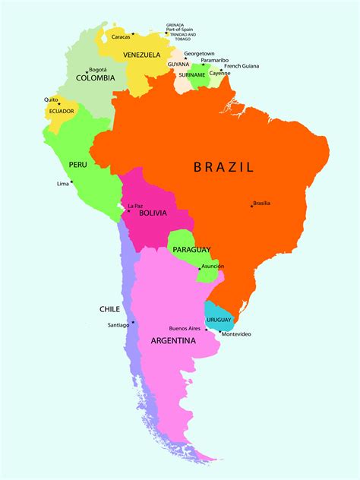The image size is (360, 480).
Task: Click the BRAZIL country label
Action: pyautogui.click(x=223, y=166)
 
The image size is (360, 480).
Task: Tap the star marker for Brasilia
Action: pyautogui.click(x=252, y=204)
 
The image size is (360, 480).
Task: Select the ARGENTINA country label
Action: pyautogui.click(x=173, y=341)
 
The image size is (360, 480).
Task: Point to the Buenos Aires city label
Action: pyautogui.click(x=185, y=328)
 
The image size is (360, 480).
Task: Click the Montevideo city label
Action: pyautogui.click(x=235, y=335)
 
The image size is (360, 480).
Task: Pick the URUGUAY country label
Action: pyautogui.click(x=218, y=320)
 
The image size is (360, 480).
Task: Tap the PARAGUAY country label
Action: pyautogui.click(x=191, y=250)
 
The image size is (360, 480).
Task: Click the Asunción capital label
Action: pyautogui.click(x=213, y=267)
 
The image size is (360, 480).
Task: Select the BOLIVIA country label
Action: pyautogui.click(x=153, y=213)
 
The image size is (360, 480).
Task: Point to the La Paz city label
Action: pyautogui.click(x=134, y=206)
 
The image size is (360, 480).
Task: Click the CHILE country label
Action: pyautogui.click(x=109, y=309)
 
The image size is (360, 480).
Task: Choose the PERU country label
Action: pyautogui.click(x=77, y=164)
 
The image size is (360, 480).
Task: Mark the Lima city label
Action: pyautogui.click(x=62, y=184)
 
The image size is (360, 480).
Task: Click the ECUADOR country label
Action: pyautogui.click(x=62, y=111)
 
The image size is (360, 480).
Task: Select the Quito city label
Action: pyautogui.click(x=51, y=99)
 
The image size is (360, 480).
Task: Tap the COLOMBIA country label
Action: pyautogui.click(x=96, y=77)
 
